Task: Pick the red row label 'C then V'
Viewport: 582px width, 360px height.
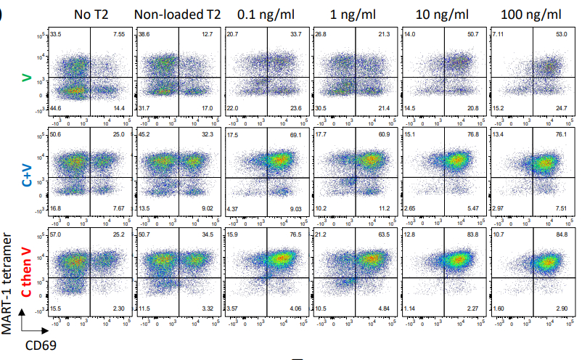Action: pos(28,269)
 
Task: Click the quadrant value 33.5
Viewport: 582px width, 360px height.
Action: pos(54,34)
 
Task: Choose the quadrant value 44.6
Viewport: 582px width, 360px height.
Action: pos(54,109)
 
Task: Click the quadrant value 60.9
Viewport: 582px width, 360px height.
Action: pos(381,135)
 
